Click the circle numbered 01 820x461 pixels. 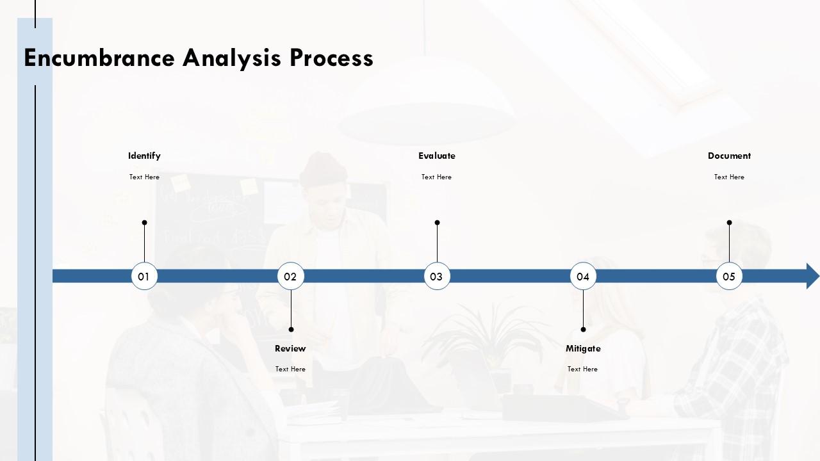pyautogui.click(x=144, y=276)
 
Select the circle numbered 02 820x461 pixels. pyautogui.click(x=291, y=276)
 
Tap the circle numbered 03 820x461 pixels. pyautogui.click(x=437, y=276)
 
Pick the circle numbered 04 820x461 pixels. pyautogui.click(x=583, y=276)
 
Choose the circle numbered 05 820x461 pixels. pyautogui.click(x=729, y=276)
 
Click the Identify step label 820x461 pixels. pyautogui.click(x=144, y=156)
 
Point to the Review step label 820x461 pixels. pyautogui.click(x=290, y=348)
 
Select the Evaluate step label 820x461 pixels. pyautogui.click(x=437, y=156)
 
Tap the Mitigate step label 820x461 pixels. pyautogui.click(x=583, y=348)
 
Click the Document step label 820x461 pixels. pyautogui.click(x=729, y=156)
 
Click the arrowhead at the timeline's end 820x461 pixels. pyautogui.click(x=812, y=276)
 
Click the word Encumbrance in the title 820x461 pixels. pyautogui.click(x=99, y=58)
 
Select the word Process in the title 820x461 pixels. pyautogui.click(x=331, y=58)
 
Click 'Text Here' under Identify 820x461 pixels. pyautogui.click(x=144, y=177)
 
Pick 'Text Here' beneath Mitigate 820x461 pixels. pyautogui.click(x=582, y=369)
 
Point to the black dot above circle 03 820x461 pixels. pyautogui.click(x=437, y=223)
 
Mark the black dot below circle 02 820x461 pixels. pyautogui.click(x=291, y=329)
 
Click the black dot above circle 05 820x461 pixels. pyautogui.click(x=729, y=223)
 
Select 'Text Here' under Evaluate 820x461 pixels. pyautogui.click(x=436, y=177)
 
